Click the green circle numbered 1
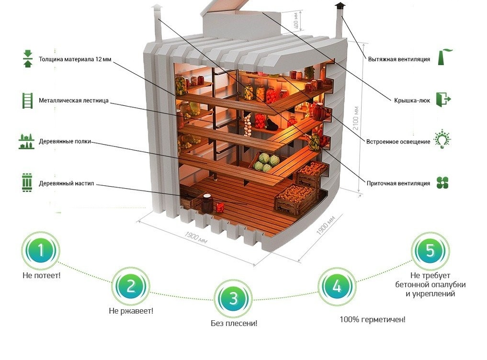(41, 251)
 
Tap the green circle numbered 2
(130, 286)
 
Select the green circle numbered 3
(233, 299)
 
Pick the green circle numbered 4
(337, 286)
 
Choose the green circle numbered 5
(430, 251)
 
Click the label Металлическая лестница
(80, 101)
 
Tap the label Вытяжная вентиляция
(399, 60)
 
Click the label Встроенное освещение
(398, 142)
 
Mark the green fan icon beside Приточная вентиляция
(442, 182)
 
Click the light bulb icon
(442, 139)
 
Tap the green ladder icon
(27, 101)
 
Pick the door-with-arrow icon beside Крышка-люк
(443, 100)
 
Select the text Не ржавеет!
(131, 311)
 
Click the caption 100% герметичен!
(373, 319)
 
